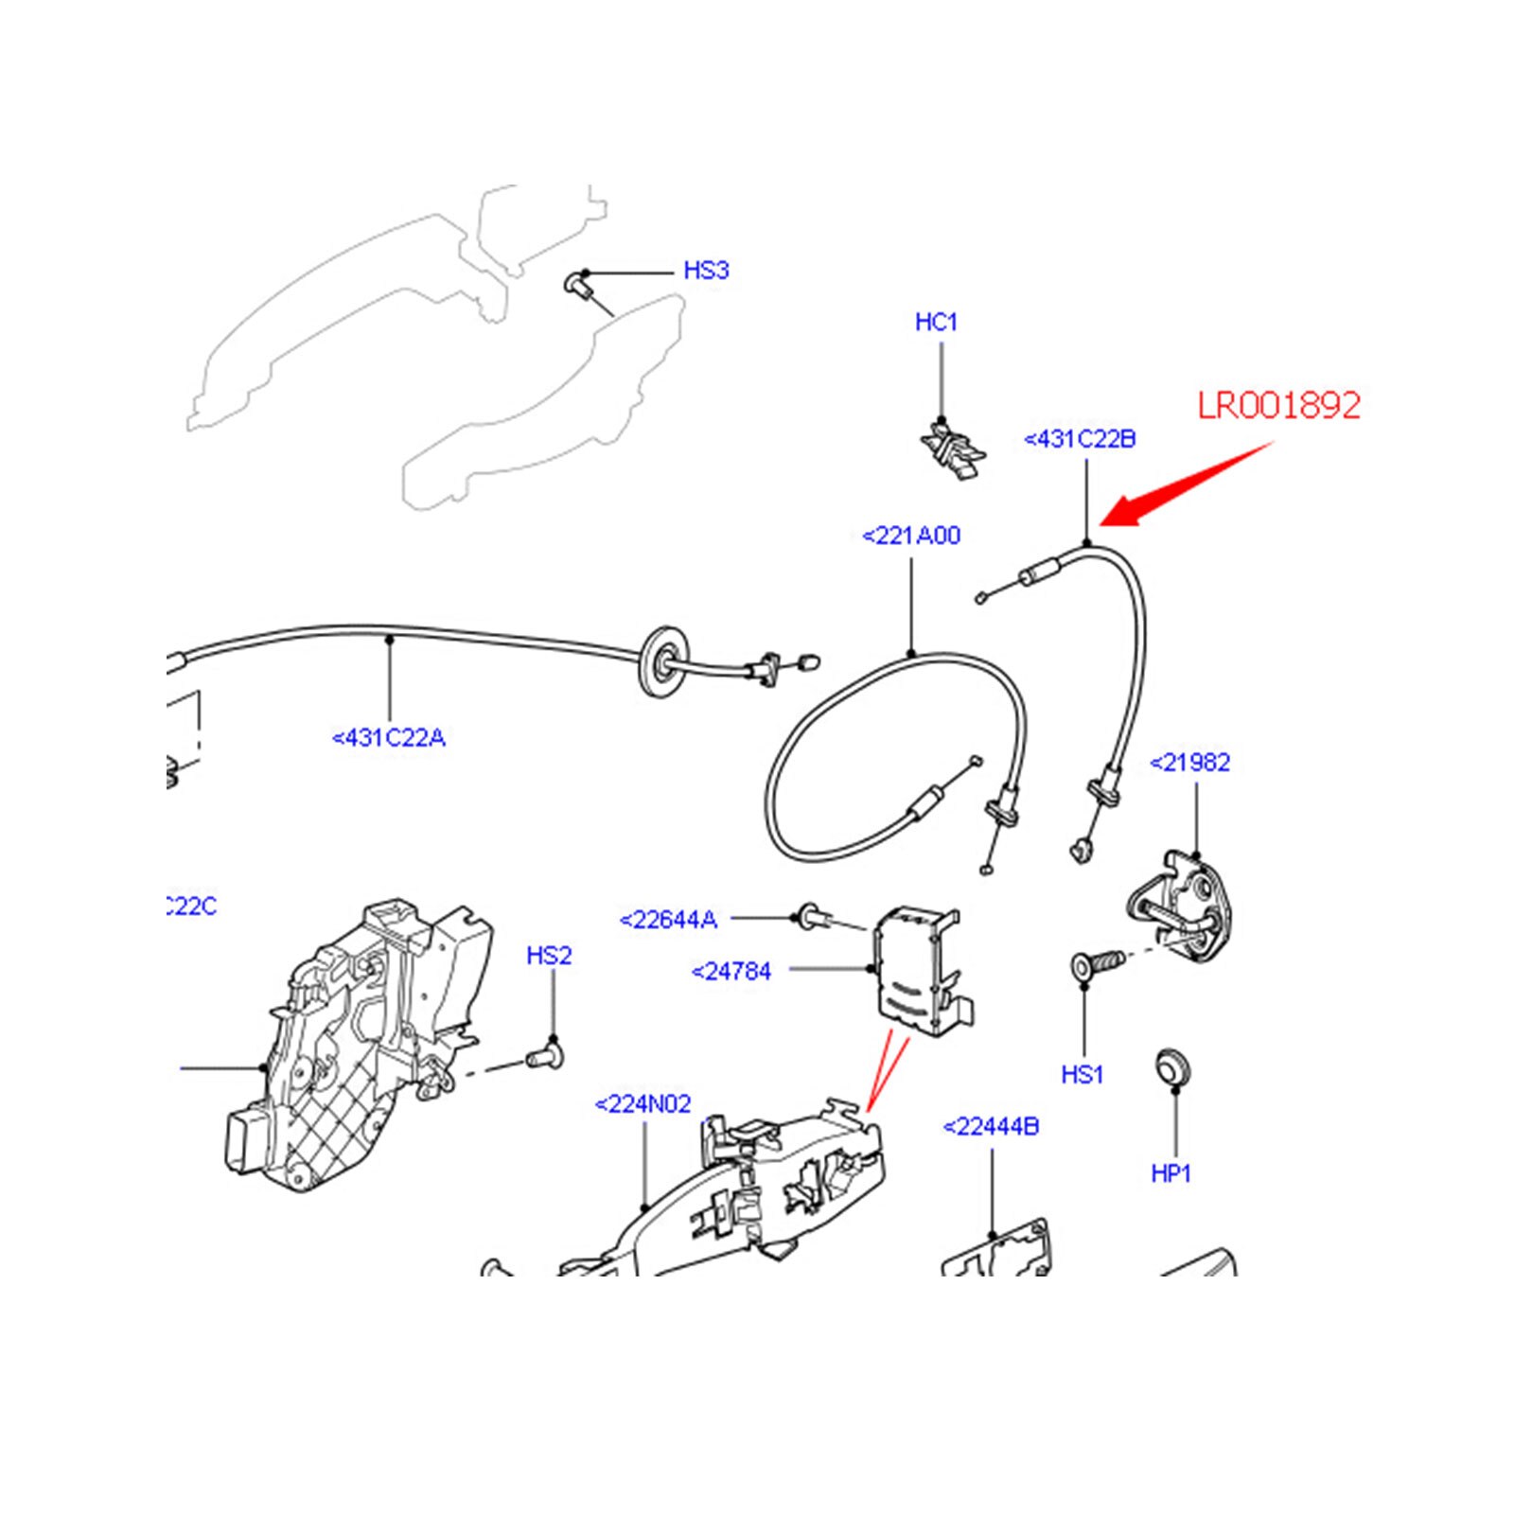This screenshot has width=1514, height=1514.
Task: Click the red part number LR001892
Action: (1278, 405)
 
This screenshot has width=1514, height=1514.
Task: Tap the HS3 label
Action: (706, 271)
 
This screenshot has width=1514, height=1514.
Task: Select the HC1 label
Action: (936, 323)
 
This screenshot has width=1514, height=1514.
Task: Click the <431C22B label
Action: (1080, 439)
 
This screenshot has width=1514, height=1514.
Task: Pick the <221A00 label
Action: (911, 536)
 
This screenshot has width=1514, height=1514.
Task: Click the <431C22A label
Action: (388, 737)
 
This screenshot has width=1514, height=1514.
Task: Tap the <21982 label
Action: (1189, 763)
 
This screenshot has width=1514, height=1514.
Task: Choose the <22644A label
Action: (668, 920)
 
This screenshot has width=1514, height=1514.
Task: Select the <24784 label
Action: (731, 972)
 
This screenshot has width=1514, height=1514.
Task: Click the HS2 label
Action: (549, 956)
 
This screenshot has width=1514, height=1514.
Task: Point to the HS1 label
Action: (1083, 1074)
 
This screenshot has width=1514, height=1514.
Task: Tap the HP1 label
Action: (1171, 1173)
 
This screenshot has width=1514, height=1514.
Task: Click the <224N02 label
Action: (643, 1104)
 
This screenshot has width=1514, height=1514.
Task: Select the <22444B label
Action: (991, 1127)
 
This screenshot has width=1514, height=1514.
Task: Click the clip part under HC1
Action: (952, 450)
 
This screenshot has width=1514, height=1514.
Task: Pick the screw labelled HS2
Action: (546, 1054)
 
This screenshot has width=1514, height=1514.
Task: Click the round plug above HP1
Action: (1172, 1067)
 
